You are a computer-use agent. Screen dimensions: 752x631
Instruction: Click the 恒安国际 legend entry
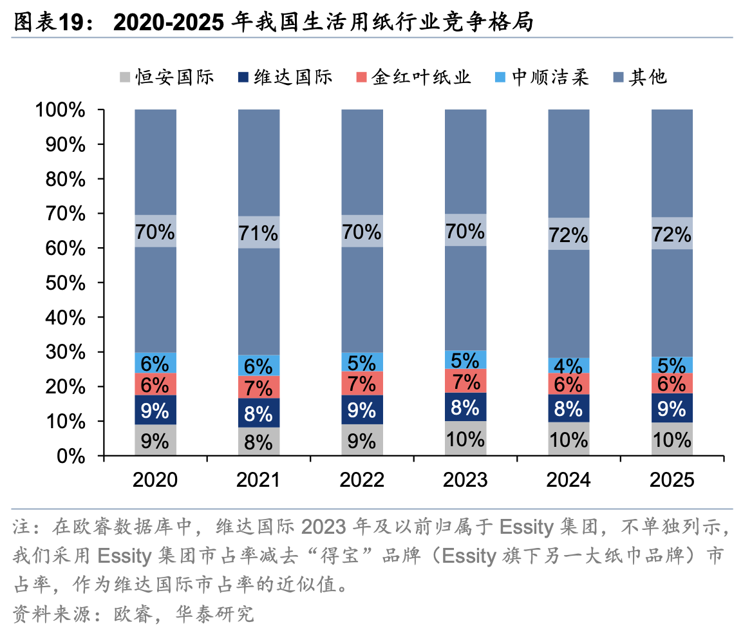pos(166,77)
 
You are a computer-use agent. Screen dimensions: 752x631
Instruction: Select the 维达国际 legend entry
pos(285,77)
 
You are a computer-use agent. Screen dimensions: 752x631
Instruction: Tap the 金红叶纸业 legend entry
pos(413,77)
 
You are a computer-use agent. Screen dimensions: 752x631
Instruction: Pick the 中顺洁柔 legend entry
pos(541,77)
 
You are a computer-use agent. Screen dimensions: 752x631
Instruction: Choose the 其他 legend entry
pos(640,77)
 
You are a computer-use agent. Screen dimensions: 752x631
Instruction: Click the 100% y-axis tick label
pos(61,110)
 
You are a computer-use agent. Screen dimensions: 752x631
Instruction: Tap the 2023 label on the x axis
pos(465,480)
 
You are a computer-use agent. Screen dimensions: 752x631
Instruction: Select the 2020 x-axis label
pos(155,480)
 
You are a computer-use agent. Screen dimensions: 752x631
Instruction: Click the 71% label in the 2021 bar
pos(259,234)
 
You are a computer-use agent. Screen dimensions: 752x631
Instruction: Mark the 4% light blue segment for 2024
pos(569,365)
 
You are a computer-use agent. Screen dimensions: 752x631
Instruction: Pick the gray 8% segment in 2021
pos(259,441)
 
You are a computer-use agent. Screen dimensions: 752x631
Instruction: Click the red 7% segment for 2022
pos(362,383)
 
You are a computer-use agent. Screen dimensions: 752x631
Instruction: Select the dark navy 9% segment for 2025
pos(672,408)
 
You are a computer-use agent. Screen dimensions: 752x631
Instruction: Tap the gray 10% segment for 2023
pos(465,438)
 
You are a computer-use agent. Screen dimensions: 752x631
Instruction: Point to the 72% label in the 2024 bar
pos(569,235)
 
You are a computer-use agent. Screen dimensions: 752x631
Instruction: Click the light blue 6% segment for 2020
pos(155,363)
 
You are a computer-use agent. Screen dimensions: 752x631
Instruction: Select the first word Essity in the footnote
pos(527,527)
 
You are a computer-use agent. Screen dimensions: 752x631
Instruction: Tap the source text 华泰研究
pos(214,614)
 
